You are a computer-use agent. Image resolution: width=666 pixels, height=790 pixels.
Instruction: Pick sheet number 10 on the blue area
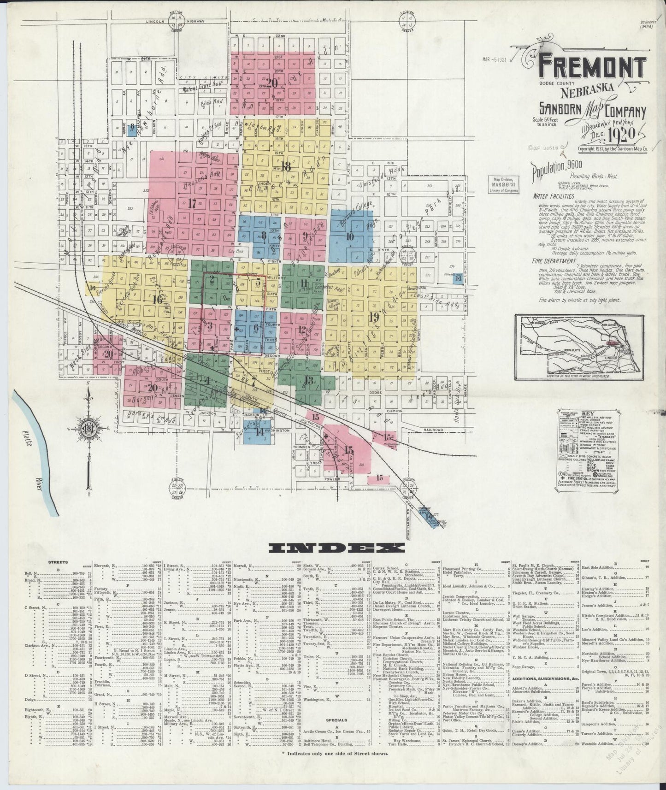tap(350, 236)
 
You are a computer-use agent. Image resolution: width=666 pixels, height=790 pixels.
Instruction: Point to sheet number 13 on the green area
tap(309, 381)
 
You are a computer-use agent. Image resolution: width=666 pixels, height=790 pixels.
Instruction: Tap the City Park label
tap(235, 252)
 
